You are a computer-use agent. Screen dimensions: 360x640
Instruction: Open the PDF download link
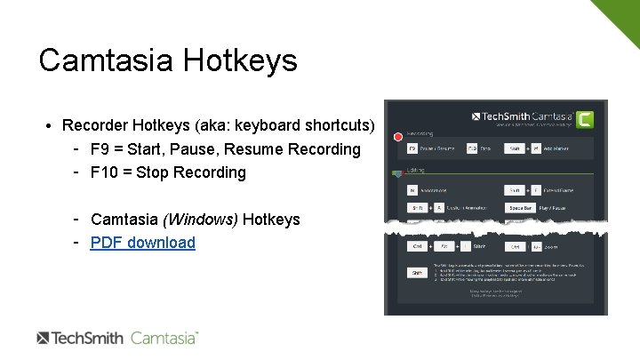point(142,242)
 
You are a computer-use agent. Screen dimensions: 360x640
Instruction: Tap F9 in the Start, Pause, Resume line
point(100,148)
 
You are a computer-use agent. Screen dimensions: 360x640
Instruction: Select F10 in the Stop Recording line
point(104,172)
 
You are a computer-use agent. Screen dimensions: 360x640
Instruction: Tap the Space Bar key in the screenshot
point(520,207)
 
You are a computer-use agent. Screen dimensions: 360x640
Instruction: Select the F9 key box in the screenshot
point(412,148)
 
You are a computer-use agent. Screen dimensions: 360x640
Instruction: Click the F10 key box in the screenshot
point(472,148)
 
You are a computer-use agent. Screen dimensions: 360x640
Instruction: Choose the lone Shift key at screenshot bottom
point(415,273)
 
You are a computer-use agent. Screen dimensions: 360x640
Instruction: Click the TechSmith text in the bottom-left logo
point(88,338)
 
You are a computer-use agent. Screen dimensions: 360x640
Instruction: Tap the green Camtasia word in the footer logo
point(164,338)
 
